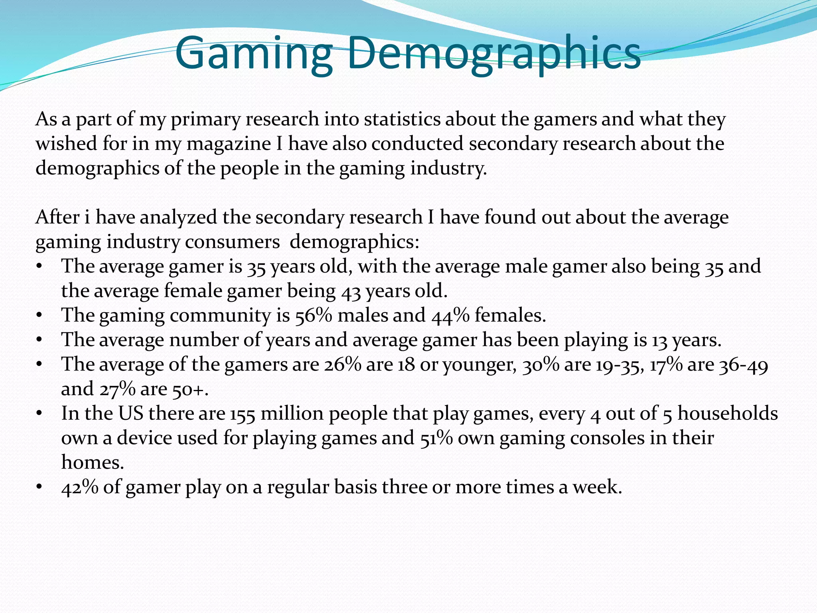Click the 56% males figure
[314, 316]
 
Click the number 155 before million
[243, 414]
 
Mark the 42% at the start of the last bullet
[80, 487]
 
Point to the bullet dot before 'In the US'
[39, 414]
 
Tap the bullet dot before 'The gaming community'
[39, 316]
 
